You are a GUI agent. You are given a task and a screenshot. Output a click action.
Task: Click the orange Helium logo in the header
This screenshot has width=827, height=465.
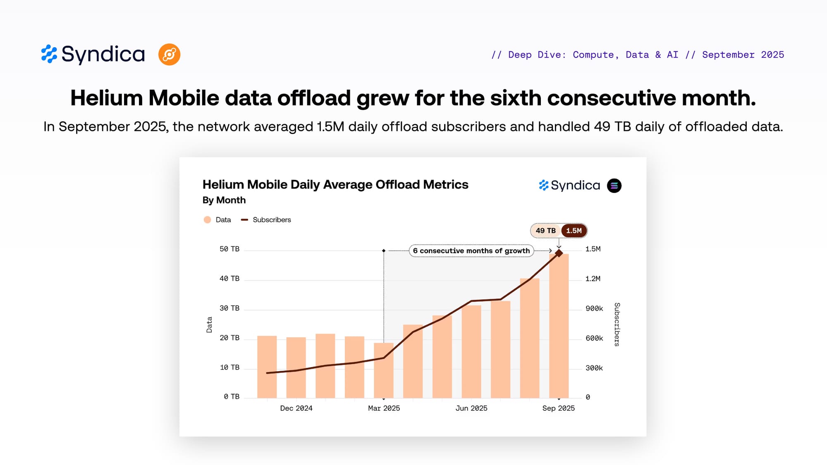click(x=169, y=55)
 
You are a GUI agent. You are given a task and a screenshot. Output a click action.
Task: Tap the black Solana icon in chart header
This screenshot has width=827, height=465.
click(x=614, y=186)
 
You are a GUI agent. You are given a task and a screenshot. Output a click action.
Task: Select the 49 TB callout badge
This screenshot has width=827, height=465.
click(x=545, y=231)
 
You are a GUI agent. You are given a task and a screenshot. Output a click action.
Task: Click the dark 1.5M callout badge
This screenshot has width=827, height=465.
click(x=574, y=231)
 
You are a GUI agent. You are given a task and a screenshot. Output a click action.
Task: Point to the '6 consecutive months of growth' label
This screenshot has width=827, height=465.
click(x=471, y=251)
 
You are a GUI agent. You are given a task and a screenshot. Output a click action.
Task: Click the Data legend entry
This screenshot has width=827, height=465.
click(x=218, y=220)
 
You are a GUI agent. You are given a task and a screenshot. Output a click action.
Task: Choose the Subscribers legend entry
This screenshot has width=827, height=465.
click(x=267, y=220)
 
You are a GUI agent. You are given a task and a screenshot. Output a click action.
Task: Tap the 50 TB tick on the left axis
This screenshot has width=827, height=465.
click(x=229, y=249)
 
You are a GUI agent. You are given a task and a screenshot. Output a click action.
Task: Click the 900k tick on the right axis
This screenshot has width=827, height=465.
click(x=594, y=308)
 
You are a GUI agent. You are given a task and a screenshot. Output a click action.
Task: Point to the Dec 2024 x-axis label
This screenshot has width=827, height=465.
click(x=296, y=408)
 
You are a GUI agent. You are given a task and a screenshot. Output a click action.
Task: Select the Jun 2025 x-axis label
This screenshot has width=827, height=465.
click(x=471, y=408)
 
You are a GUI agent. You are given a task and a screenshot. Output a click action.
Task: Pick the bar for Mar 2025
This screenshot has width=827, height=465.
click(x=384, y=371)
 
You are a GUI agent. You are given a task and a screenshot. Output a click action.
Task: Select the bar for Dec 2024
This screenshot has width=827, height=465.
click(x=296, y=368)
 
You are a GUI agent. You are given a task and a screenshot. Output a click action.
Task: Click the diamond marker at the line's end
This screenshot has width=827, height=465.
click(x=559, y=253)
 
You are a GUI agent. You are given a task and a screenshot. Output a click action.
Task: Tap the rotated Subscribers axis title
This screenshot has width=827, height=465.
click(x=617, y=324)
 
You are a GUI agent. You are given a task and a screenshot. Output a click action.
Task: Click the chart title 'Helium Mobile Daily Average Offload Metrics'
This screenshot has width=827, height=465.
click(x=335, y=184)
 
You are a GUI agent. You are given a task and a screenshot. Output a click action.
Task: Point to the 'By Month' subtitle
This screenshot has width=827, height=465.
click(x=224, y=200)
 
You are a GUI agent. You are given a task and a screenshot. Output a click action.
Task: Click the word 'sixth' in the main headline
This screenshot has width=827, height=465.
click(x=516, y=98)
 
